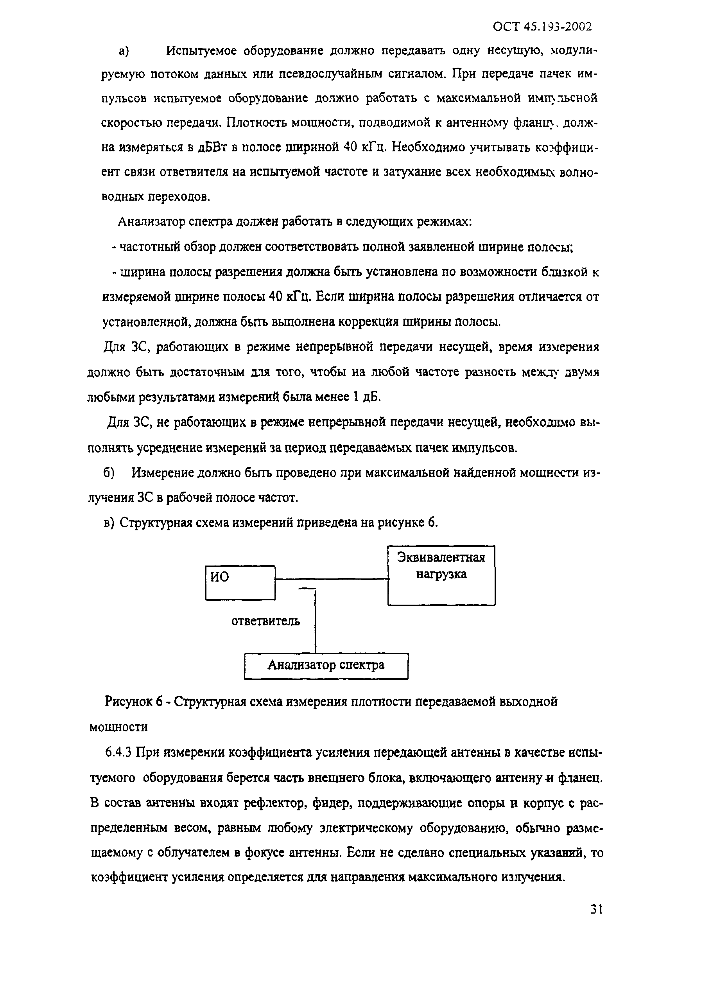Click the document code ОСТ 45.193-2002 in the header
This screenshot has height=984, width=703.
click(x=542, y=27)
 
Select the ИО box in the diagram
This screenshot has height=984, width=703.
click(x=240, y=582)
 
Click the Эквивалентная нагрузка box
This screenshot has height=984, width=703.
click(x=441, y=575)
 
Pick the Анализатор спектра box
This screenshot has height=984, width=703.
click(x=326, y=665)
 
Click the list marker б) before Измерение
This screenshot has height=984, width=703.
click(x=109, y=473)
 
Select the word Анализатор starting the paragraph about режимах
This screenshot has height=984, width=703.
click(x=153, y=222)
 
